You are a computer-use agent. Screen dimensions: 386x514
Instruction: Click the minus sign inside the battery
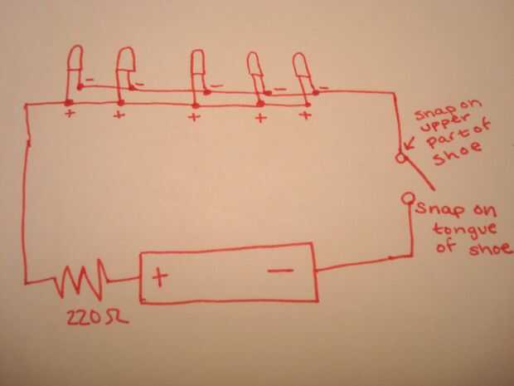pyautogui.click(x=279, y=270)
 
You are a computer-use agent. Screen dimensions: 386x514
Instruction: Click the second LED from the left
pyautogui.click(x=127, y=61)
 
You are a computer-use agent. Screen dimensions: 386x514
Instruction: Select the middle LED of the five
pyautogui.click(x=197, y=64)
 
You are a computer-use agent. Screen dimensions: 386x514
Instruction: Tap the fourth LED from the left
pyautogui.click(x=255, y=65)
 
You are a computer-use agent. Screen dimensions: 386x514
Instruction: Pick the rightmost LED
pyautogui.click(x=301, y=66)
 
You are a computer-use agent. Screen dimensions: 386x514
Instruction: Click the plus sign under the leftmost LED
pyautogui.click(x=70, y=115)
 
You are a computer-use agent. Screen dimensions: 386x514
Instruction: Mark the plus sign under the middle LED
pyautogui.click(x=195, y=117)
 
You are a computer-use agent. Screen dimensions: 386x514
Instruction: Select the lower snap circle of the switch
pyautogui.click(x=408, y=199)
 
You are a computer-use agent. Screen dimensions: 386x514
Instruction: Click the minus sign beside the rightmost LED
pyautogui.click(x=324, y=86)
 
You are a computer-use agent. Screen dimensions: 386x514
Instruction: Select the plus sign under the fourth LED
pyautogui.click(x=259, y=118)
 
